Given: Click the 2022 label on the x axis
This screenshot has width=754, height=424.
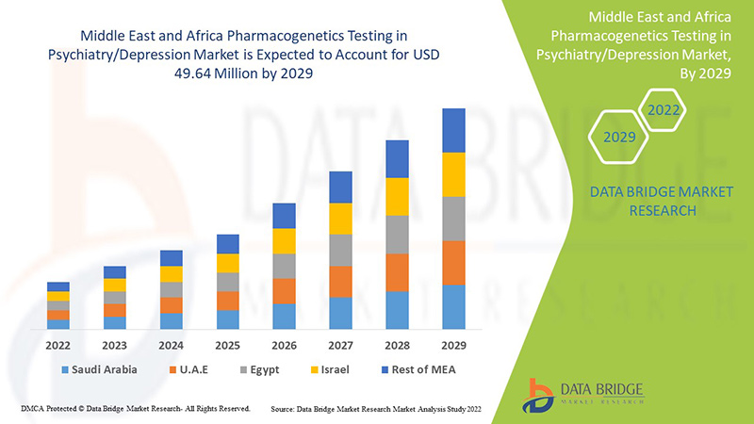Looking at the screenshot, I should click(x=58, y=344).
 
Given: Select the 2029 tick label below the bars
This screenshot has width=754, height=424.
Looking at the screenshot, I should click(x=453, y=344).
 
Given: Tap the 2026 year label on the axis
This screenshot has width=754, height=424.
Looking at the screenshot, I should click(x=284, y=344).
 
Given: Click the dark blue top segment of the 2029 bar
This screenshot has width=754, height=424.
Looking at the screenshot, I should click(x=453, y=130).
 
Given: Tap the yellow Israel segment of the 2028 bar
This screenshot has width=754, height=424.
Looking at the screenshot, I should click(x=397, y=196).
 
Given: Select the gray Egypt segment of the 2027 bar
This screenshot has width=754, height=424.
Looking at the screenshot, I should click(x=340, y=250).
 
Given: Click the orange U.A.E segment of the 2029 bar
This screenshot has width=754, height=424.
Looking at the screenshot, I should click(x=453, y=263).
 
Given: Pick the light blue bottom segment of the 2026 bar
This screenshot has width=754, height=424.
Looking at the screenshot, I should click(x=284, y=317).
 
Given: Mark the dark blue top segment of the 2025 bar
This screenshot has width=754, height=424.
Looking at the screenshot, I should click(x=227, y=244).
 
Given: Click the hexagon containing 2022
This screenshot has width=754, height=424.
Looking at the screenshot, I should click(x=663, y=110).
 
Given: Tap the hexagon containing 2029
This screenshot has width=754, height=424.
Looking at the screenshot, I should click(x=619, y=138).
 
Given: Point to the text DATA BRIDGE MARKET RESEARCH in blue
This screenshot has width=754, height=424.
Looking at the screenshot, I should click(x=647, y=202).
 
